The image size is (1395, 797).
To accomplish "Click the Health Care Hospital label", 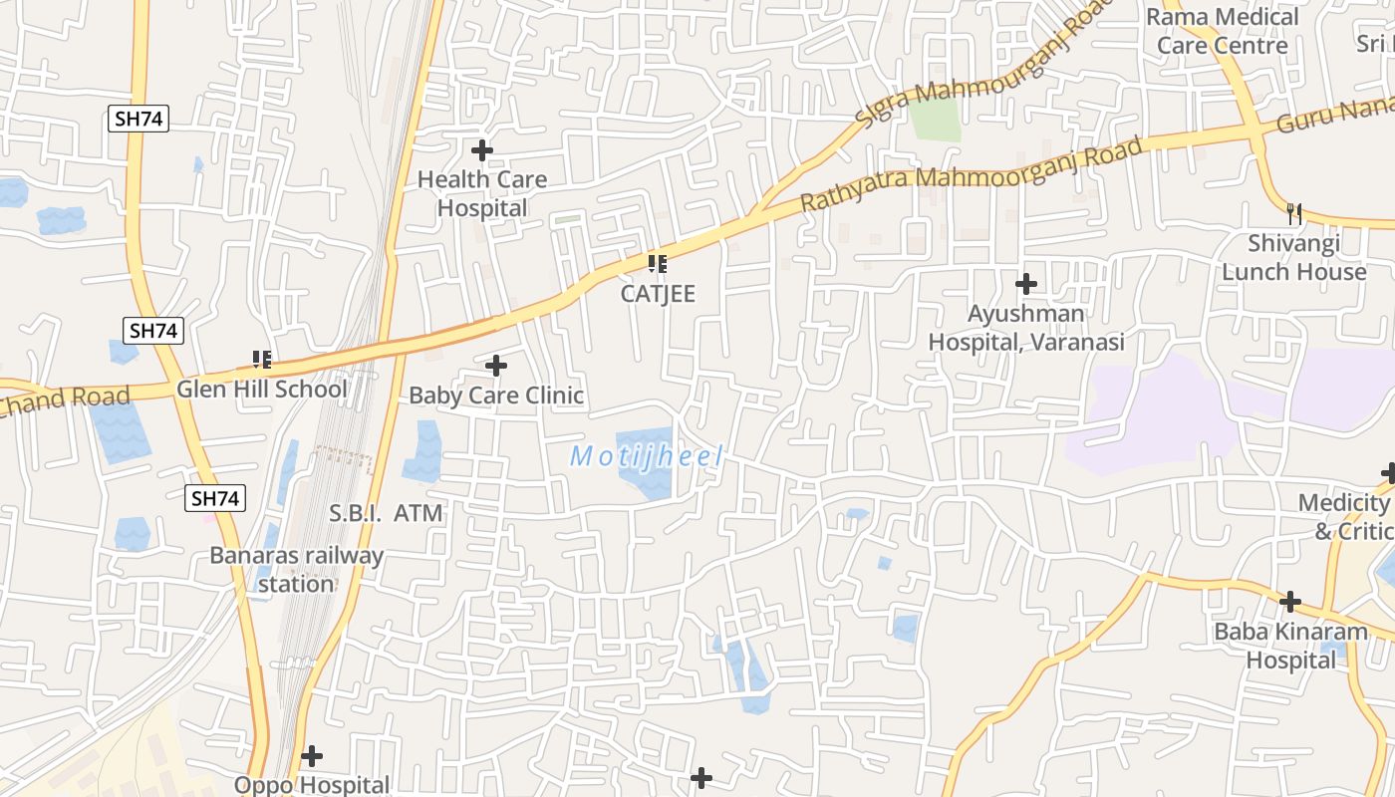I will click(x=482, y=193).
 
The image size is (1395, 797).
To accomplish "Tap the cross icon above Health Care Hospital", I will click(x=482, y=150).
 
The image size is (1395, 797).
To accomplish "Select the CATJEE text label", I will click(x=658, y=294).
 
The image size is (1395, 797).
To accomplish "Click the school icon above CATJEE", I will click(x=657, y=264).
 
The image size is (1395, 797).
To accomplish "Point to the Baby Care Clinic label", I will click(x=496, y=396).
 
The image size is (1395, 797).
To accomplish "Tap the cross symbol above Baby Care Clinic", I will click(x=496, y=366).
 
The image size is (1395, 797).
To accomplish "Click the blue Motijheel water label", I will click(x=647, y=457).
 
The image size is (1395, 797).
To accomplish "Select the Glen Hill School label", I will click(x=262, y=389).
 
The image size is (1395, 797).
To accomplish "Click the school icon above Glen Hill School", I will click(x=262, y=359).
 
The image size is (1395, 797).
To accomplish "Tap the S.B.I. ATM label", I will click(x=386, y=514).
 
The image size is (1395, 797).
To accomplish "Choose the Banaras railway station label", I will click(x=296, y=569).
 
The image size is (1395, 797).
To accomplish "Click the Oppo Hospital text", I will click(x=312, y=785).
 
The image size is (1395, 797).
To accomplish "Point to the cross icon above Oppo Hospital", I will click(x=312, y=756).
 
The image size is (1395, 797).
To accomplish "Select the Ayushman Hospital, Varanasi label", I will click(x=1026, y=328).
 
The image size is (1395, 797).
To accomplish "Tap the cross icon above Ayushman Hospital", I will click(x=1026, y=284).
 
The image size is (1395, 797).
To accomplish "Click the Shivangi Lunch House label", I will click(x=1294, y=257).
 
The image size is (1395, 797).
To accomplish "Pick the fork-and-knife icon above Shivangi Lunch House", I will click(x=1294, y=213).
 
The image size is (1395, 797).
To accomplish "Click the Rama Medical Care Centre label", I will click(x=1223, y=31).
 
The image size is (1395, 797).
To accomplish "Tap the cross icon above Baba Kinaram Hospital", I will click(x=1290, y=602).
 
